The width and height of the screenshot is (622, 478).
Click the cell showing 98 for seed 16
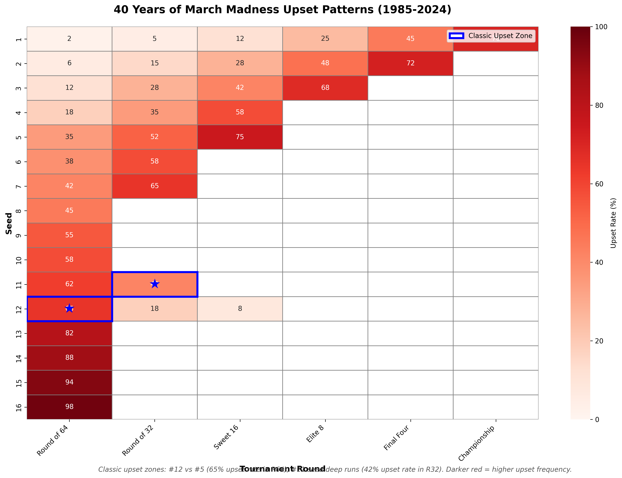(69, 407)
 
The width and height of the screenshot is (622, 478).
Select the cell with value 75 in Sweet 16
(240, 137)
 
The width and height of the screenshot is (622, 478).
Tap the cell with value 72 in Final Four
(410, 63)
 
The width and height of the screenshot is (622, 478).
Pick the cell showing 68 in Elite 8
(325, 88)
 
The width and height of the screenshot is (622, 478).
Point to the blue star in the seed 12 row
(69, 308)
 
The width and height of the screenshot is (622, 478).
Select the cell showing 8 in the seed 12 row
(240, 308)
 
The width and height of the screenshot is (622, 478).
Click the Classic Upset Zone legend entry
(491, 36)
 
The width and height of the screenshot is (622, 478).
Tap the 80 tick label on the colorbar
(599, 105)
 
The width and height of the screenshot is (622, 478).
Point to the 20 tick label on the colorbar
(599, 341)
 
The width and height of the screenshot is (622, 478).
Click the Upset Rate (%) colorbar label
(613, 223)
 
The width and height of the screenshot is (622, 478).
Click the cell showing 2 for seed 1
(69, 39)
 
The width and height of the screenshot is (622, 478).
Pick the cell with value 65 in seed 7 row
(155, 186)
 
